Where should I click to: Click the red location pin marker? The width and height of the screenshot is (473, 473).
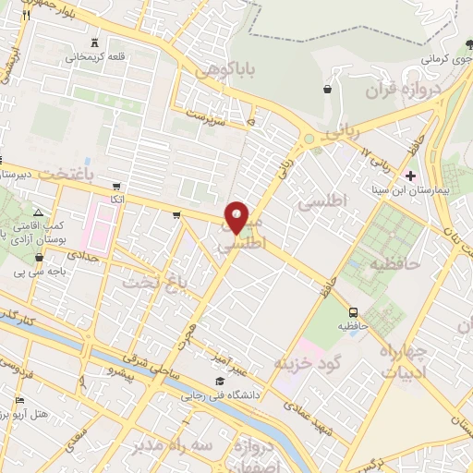click(237, 217)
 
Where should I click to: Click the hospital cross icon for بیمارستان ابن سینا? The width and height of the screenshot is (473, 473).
click(411, 175)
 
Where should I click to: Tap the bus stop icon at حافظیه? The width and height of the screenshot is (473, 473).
click(354, 311)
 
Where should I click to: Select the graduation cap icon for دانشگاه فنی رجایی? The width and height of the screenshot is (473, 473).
click(220, 382)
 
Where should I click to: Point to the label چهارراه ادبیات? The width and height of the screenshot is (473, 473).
click(405, 363)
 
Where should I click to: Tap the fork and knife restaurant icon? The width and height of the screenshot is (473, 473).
click(25, 16)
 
